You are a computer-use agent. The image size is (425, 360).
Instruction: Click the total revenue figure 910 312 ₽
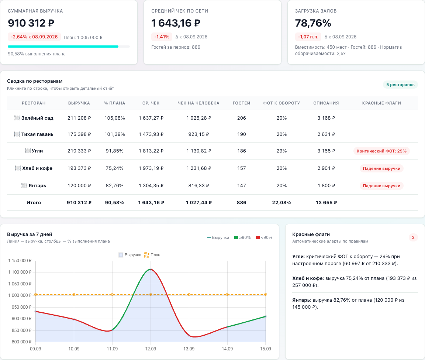click(31, 23)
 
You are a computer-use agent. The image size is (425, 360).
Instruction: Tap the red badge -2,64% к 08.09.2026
click(34, 37)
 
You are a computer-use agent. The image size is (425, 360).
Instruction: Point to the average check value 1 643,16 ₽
click(176, 23)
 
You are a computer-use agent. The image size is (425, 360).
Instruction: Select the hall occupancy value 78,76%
click(313, 23)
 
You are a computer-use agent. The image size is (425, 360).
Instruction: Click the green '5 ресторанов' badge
click(400, 85)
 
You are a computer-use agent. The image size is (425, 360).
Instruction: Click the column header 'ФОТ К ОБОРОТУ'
click(281, 103)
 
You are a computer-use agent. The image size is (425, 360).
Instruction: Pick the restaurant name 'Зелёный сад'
click(37, 118)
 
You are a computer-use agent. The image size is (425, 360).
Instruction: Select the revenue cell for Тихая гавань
click(79, 134)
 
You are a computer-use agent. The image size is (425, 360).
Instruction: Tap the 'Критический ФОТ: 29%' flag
click(381, 151)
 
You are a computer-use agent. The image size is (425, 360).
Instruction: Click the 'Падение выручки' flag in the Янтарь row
click(381, 186)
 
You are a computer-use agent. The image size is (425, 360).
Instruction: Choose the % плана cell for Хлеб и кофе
click(115, 168)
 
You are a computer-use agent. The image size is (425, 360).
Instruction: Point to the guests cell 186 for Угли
click(242, 151)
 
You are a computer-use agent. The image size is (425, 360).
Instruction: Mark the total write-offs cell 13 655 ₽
click(326, 203)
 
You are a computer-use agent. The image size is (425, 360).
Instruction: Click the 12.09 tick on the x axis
click(151, 349)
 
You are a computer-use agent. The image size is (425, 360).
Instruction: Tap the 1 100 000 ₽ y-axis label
click(20, 272)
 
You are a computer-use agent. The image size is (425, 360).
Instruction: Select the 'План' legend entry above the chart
click(152, 255)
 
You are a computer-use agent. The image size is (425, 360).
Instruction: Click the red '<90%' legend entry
click(264, 238)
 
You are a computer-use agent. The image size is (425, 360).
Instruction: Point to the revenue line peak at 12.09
click(151, 269)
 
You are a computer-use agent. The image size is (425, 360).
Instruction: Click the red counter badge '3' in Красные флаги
click(413, 238)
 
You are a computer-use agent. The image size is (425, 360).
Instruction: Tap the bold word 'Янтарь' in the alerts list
click(301, 300)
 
